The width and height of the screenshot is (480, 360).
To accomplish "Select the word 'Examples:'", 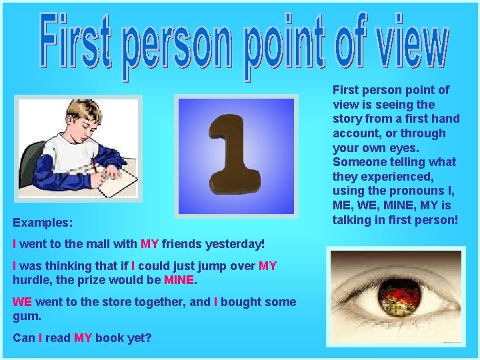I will [x=43, y=221].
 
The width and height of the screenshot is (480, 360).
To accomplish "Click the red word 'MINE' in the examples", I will [x=178, y=280].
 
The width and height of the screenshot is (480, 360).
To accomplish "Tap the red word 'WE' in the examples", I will [x=23, y=302].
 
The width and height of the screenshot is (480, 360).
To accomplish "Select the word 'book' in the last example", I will [x=109, y=338].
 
